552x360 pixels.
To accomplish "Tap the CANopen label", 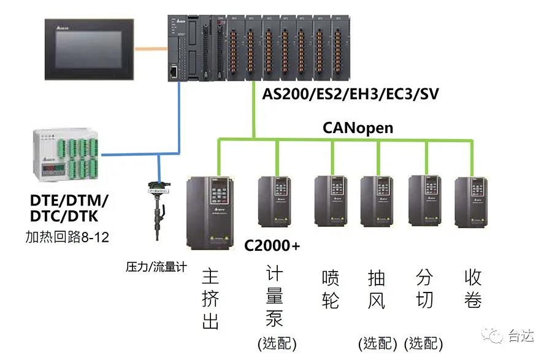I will click(358, 128).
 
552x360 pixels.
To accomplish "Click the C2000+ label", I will click(272, 246).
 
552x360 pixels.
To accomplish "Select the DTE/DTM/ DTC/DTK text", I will click(69, 209).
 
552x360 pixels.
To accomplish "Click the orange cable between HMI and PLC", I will click(151, 47).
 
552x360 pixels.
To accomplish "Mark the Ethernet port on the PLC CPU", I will click(175, 72).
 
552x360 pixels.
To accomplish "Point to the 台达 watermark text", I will click(521, 335).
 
